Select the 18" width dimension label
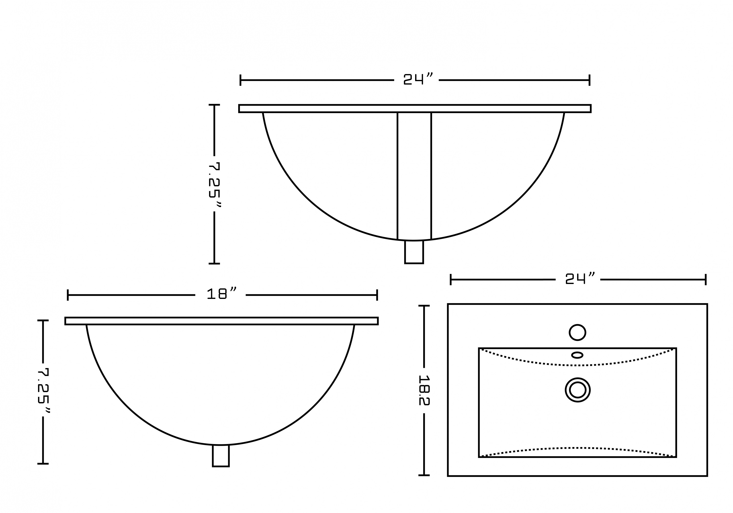click(x=222, y=294)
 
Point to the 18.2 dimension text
click(x=424, y=390)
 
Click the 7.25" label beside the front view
click(x=215, y=184)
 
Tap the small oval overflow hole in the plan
click(x=577, y=355)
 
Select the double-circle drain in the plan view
click(x=578, y=390)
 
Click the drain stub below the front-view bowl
click(x=414, y=252)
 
